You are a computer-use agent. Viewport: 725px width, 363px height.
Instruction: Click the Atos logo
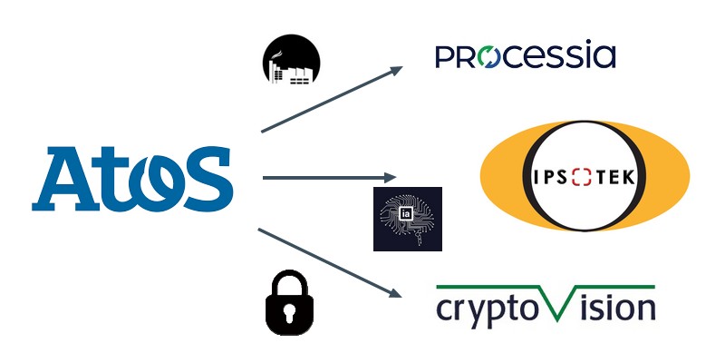click(x=132, y=180)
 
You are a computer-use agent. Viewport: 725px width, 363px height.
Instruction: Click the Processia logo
click(x=525, y=56)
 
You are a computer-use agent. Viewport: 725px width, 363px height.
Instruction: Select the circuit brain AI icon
click(x=407, y=219)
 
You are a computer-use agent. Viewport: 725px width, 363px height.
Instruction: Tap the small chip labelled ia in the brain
click(x=408, y=215)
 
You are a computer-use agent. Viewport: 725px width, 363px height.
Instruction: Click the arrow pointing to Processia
click(x=332, y=99)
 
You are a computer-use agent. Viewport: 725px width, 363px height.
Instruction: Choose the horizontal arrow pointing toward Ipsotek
click(x=330, y=177)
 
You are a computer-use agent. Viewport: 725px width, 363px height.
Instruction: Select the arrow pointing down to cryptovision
click(x=330, y=262)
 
